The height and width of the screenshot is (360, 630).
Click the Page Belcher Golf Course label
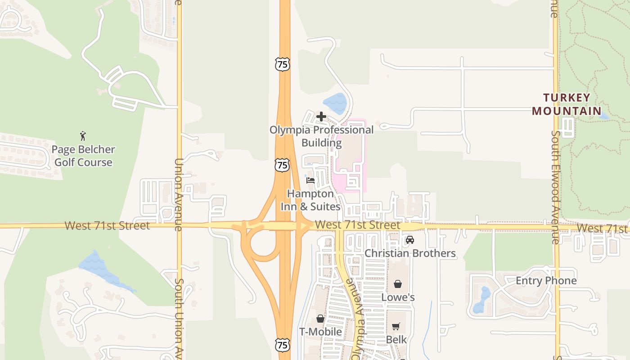click(x=83, y=156)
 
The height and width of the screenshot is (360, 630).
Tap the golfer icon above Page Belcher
click(x=83, y=136)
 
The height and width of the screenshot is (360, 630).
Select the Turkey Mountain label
click(x=567, y=104)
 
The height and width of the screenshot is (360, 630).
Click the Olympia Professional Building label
click(x=321, y=136)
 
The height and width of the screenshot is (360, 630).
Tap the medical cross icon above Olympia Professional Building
click(x=321, y=117)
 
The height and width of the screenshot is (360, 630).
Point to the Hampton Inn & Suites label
click(x=310, y=200)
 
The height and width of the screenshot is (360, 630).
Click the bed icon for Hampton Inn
click(x=310, y=181)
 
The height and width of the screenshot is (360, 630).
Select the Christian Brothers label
click(x=410, y=253)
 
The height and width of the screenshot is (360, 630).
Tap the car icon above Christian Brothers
click(x=409, y=240)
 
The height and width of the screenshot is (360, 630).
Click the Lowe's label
click(x=398, y=297)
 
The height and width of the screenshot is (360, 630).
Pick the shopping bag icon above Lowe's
click(x=397, y=284)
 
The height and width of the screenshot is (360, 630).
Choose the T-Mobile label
click(x=320, y=332)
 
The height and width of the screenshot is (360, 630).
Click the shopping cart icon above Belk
click(x=396, y=326)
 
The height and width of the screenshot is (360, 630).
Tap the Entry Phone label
click(x=546, y=281)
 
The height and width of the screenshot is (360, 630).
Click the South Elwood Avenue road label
click(x=556, y=187)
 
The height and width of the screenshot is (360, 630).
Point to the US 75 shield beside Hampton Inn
click(x=282, y=165)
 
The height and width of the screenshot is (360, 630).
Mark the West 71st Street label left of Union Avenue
click(x=107, y=225)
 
